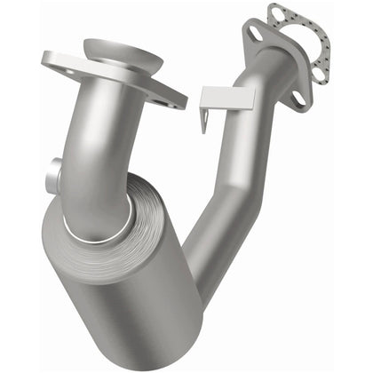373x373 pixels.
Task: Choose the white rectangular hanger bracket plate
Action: pyautogui.click(x=226, y=98)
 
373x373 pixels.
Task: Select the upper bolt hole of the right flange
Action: pyautogui.click(x=256, y=33)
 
